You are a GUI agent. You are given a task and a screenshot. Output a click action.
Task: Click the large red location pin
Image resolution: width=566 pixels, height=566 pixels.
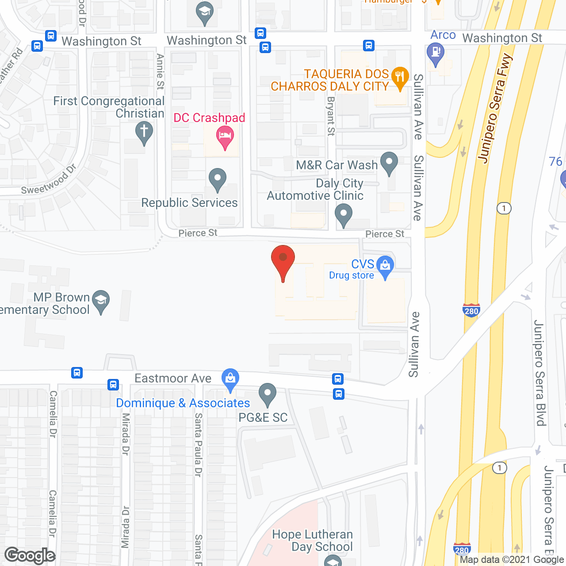point(283,261)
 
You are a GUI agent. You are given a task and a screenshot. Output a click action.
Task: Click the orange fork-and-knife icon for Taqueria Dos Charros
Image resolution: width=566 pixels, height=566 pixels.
point(400,78)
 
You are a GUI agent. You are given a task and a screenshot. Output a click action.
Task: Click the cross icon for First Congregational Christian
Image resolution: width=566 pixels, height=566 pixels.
point(144,132)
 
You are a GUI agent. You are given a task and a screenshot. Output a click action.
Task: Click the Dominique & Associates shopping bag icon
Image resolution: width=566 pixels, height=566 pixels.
point(230,379)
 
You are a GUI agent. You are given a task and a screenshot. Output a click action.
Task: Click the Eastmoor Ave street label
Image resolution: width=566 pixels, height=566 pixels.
point(173,379)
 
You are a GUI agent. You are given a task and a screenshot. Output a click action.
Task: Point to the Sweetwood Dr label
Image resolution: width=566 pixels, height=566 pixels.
point(49,180)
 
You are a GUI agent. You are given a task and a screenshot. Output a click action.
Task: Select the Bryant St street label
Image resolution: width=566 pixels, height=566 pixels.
point(331,116)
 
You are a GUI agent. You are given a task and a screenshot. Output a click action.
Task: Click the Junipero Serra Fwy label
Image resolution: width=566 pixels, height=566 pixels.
point(495,108)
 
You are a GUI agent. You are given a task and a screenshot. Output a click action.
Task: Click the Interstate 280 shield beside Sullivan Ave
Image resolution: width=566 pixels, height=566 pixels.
point(471,310)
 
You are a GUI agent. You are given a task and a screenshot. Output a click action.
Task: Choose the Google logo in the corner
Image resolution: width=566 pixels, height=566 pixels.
point(30,555)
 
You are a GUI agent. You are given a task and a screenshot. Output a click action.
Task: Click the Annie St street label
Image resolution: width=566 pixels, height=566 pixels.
point(160,72)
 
